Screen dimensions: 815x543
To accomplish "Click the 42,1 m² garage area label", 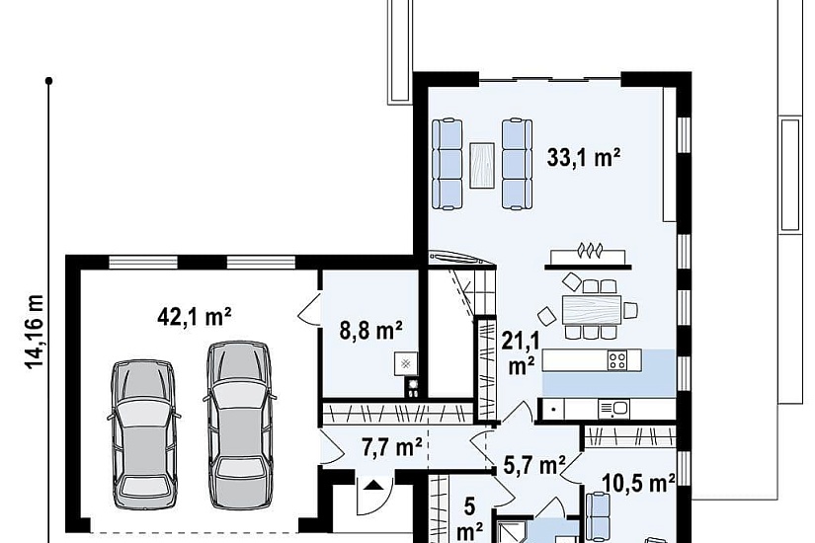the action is (195, 316).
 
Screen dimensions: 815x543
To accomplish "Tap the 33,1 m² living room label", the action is (584, 157).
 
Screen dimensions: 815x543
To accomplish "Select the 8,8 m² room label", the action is (371, 330).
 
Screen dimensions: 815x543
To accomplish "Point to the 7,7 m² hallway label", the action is (392, 447).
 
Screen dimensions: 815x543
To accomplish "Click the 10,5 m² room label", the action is (639, 483).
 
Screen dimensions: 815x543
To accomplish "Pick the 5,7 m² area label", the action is (534, 466).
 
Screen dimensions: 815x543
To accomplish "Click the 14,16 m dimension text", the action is (35, 332).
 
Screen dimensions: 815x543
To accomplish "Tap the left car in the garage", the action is (144, 434).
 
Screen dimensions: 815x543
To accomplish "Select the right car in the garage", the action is (240, 424).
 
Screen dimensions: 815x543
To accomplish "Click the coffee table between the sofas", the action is (482, 165).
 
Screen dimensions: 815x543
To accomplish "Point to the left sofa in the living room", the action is (447, 164).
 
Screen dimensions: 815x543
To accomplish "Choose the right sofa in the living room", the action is (517, 164).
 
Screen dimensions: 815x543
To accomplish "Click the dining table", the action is (592, 310).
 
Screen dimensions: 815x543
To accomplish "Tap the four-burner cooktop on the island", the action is (617, 360).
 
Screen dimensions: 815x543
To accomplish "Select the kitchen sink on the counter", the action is (613, 409).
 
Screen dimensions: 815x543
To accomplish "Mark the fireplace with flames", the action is (588, 256).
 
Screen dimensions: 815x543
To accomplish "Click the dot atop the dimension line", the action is (48, 81).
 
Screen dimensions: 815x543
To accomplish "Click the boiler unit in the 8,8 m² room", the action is (406, 363).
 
